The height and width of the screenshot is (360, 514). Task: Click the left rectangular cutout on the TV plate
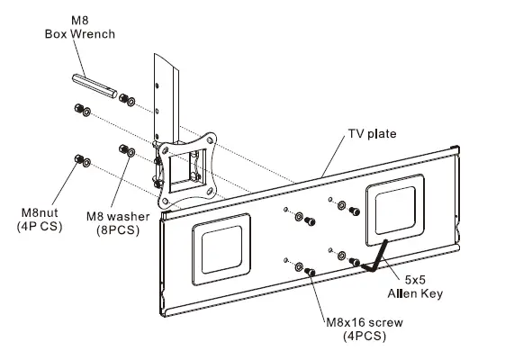click(x=221, y=247)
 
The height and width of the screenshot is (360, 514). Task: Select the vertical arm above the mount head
click(x=167, y=90)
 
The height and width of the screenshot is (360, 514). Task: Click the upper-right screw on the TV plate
click(x=355, y=210)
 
